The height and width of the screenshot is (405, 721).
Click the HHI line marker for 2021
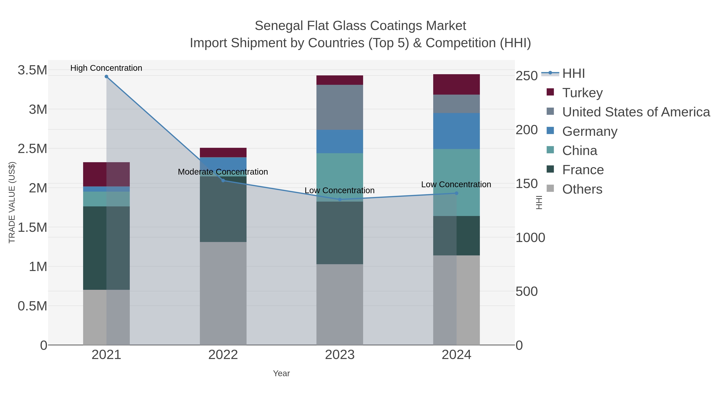(x=106, y=77)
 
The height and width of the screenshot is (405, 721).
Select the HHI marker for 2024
(x=456, y=193)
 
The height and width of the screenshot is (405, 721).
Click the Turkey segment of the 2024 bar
(x=456, y=84)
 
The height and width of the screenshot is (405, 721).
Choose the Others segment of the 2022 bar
(x=223, y=293)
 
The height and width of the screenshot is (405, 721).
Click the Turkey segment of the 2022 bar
(x=223, y=153)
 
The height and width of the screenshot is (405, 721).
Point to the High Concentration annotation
(x=106, y=68)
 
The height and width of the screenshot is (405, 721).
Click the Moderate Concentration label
(x=223, y=172)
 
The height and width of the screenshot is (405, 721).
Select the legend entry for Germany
(x=589, y=131)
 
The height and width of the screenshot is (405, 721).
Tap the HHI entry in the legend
(x=573, y=74)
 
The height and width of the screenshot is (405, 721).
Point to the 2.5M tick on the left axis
(x=32, y=149)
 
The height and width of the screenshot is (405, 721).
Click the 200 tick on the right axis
(x=527, y=130)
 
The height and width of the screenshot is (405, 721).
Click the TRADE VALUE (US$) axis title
(x=12, y=202)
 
